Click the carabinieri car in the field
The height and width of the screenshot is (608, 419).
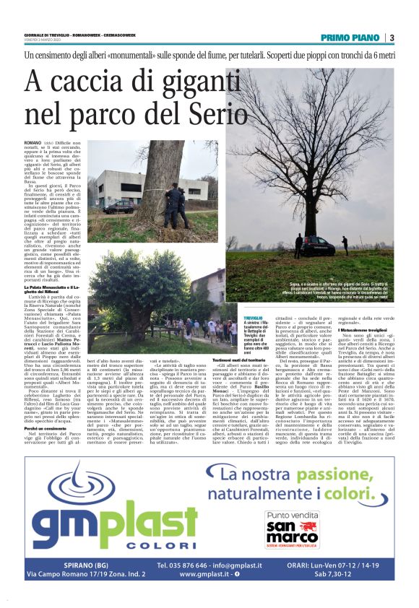[317, 244]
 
